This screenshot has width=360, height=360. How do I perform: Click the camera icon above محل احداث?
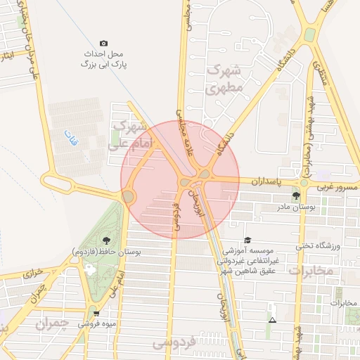[x=104, y=44]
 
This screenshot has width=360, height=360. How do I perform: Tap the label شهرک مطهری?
[x=225, y=79]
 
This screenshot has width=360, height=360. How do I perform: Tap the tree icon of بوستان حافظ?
[x=106, y=240]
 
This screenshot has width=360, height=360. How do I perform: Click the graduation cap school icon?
[x=247, y=240]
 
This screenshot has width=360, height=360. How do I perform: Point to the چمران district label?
[x=51, y=324]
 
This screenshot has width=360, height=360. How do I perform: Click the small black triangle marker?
[x=272, y=321]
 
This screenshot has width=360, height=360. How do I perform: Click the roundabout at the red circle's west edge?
[x=129, y=197]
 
